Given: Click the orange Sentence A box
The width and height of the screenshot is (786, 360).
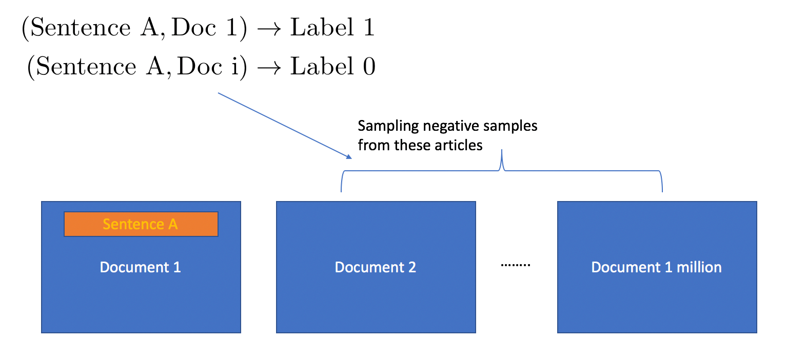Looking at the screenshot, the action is coord(141,224).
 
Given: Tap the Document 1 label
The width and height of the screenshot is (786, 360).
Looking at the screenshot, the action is coord(141,267).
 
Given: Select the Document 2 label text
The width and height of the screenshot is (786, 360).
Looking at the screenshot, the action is coord(376,267).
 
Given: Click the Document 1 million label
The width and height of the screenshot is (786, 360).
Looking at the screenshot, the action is coord(657,267).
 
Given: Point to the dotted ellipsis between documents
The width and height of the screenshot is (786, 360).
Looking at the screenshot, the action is coord(516,265).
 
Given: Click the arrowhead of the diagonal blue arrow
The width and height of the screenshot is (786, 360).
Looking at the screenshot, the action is coord(348,157).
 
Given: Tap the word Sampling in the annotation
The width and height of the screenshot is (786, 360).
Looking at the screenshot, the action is coord(388,126).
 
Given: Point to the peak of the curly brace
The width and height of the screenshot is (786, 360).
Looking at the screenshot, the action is coord(502,150).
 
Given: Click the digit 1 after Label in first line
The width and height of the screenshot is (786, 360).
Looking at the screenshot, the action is coord(369,27).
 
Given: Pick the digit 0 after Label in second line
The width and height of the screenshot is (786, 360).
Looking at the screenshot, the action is coord(369,66).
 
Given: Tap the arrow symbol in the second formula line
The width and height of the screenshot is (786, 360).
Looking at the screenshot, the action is coord(269,68).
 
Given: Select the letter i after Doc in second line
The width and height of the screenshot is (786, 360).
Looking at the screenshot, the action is coord(235,66).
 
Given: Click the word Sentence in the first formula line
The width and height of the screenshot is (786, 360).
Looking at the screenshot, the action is coord(81,27).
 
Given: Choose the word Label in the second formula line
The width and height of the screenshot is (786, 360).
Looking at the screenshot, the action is coord(322,66).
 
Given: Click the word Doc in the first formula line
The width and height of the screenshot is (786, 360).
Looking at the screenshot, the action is coord(194,27).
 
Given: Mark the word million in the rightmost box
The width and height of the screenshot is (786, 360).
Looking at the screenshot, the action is coord(699,267).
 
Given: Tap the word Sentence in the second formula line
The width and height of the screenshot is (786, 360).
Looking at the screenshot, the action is coord(86,66).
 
